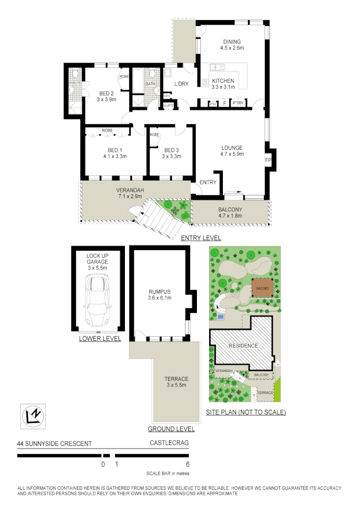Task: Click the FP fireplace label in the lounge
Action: coord(268,160)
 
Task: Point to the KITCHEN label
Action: coord(223,81)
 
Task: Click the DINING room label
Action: coord(232,42)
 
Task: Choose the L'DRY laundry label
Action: coord(182,84)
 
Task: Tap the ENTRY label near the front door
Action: coord(208,183)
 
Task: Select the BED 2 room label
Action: coord(106,93)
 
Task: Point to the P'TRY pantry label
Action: coord(238,103)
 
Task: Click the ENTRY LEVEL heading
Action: coord(201,238)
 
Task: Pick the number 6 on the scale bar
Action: coord(188,464)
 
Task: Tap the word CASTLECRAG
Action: coord(169,444)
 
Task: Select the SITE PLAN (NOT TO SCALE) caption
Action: coord(245,413)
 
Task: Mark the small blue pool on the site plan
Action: coord(220,317)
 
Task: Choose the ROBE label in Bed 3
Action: coord(154,135)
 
